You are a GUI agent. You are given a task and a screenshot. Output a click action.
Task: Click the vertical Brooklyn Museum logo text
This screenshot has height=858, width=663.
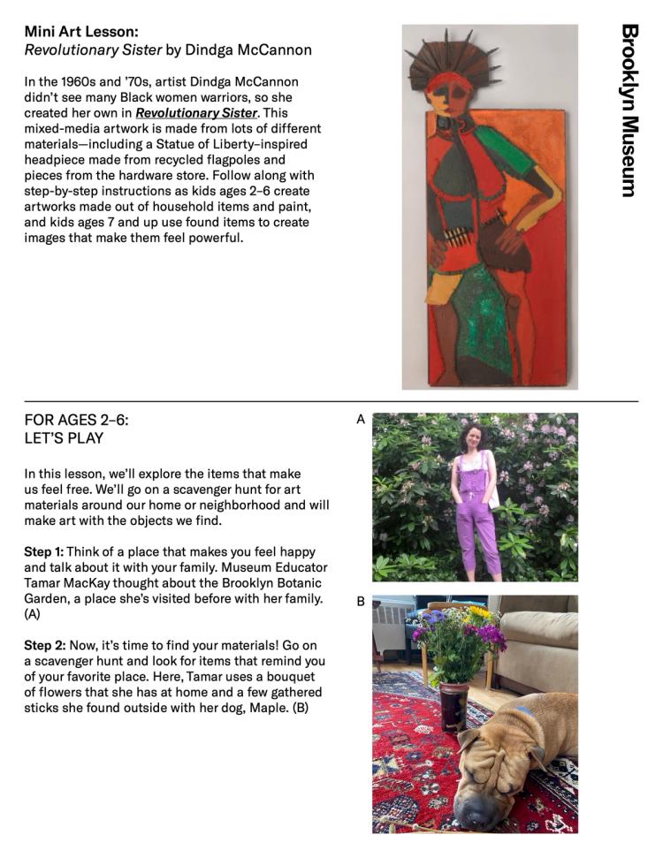(x=629, y=110)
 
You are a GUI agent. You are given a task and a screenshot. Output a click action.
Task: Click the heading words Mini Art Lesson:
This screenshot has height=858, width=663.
(x=76, y=31)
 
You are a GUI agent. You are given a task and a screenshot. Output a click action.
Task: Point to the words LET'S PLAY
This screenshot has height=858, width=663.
(x=64, y=438)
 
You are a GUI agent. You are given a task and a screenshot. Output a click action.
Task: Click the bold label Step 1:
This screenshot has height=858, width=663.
(x=43, y=551)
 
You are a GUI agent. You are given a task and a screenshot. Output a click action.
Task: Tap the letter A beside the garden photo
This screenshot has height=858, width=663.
(x=360, y=421)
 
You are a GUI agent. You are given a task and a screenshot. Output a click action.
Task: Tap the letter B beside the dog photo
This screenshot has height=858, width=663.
(x=360, y=602)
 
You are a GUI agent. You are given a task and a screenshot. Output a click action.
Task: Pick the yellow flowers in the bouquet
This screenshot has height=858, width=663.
(x=478, y=611)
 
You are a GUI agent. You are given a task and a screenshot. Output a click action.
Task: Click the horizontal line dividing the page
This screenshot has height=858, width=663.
(x=331, y=402)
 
